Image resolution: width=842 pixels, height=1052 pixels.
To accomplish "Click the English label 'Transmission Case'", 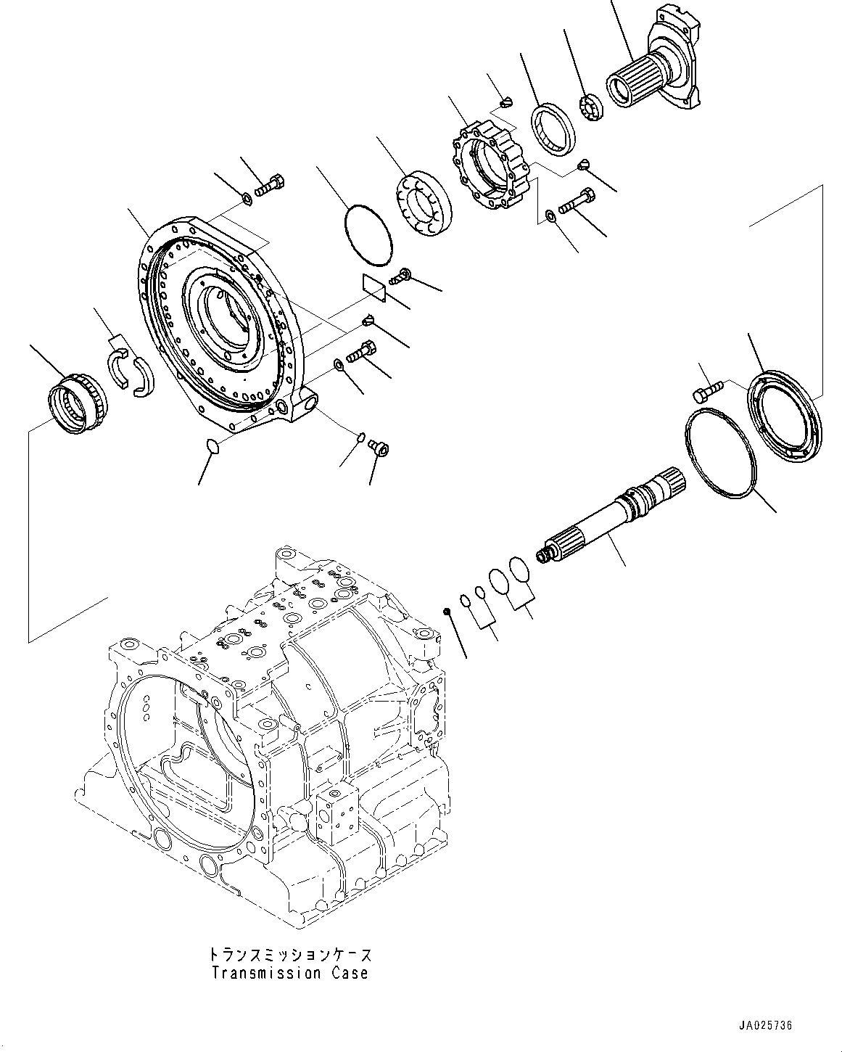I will (x=289, y=973).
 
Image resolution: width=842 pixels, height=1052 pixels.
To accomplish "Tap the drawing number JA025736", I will (x=767, y=1026).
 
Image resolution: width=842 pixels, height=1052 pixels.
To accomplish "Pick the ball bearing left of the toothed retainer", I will (x=424, y=205).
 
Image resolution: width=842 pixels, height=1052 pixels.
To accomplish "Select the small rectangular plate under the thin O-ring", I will (x=374, y=285).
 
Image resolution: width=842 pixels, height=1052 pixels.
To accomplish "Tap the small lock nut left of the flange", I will (x=593, y=105).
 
